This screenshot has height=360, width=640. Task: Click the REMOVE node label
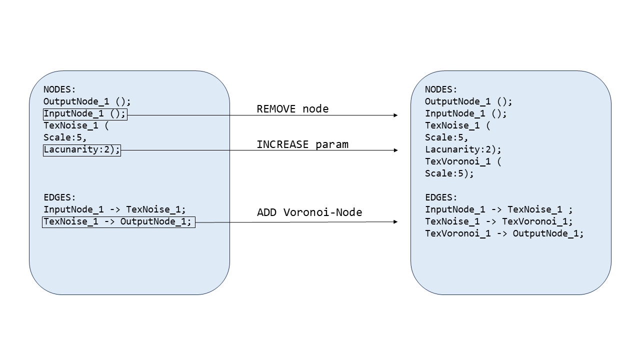tap(292, 109)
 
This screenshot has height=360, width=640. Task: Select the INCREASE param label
tap(302, 144)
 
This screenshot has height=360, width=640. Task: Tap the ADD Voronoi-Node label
tap(309, 212)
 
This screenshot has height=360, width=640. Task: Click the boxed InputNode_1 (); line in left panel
tap(85, 114)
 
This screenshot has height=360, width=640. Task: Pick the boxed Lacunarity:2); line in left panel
tap(82, 150)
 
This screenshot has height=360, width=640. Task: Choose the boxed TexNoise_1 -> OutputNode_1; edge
tap(119, 222)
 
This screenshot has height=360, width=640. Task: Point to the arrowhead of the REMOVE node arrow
tap(395, 115)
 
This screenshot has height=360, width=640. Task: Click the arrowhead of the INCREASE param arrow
tap(395, 150)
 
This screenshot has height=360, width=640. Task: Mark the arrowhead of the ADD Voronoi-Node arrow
tap(395, 221)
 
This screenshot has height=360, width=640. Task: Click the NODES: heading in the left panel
tap(59, 89)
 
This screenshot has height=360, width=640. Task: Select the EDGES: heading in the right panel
tap(441, 197)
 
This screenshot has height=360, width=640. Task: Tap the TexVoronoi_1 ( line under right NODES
tap(463, 161)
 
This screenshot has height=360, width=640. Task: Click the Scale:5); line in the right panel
tap(449, 173)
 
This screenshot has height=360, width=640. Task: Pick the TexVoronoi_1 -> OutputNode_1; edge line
tap(504, 233)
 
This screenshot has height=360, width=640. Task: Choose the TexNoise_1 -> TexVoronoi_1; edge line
tap(499, 221)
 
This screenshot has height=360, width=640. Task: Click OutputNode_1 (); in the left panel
tap(87, 101)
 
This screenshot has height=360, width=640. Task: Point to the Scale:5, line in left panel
tap(65, 137)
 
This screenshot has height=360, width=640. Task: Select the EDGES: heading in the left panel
tap(59, 197)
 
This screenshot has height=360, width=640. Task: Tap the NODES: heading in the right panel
tap(441, 89)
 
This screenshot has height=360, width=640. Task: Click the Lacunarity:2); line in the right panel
tap(463, 149)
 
